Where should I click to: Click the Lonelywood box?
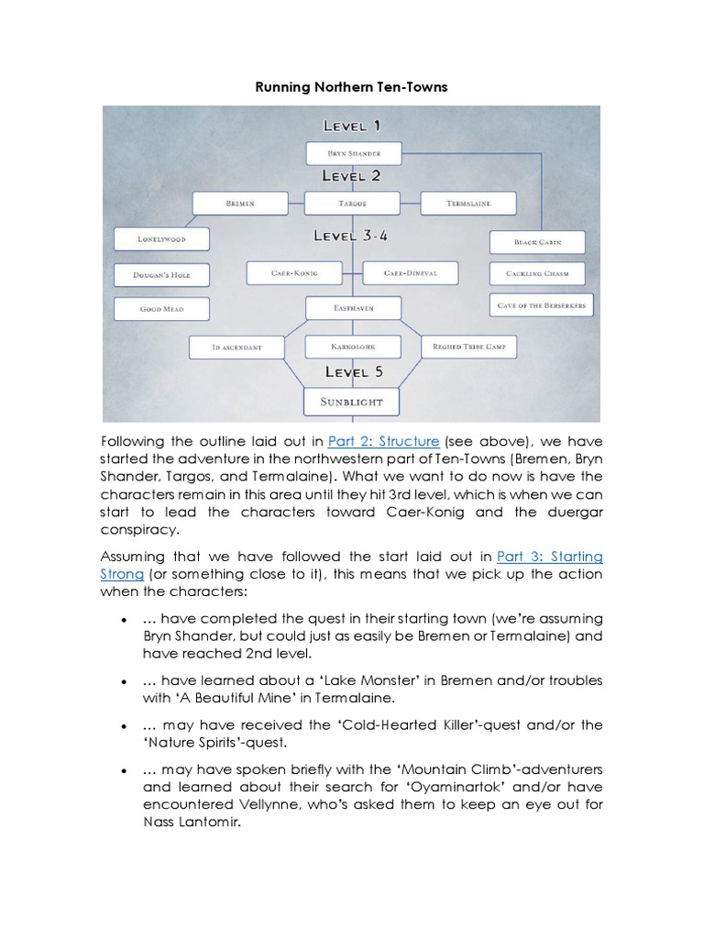point(162,239)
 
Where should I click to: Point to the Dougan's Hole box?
point(162,274)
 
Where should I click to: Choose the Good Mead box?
point(162,309)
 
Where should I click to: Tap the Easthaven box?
point(353,309)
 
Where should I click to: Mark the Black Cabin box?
point(536,242)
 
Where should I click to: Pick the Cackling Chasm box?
point(536,273)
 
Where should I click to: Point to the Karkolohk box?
point(353,348)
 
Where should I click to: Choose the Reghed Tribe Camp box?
point(469,347)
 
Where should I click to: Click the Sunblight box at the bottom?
point(353,402)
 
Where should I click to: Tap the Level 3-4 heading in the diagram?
point(351,236)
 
